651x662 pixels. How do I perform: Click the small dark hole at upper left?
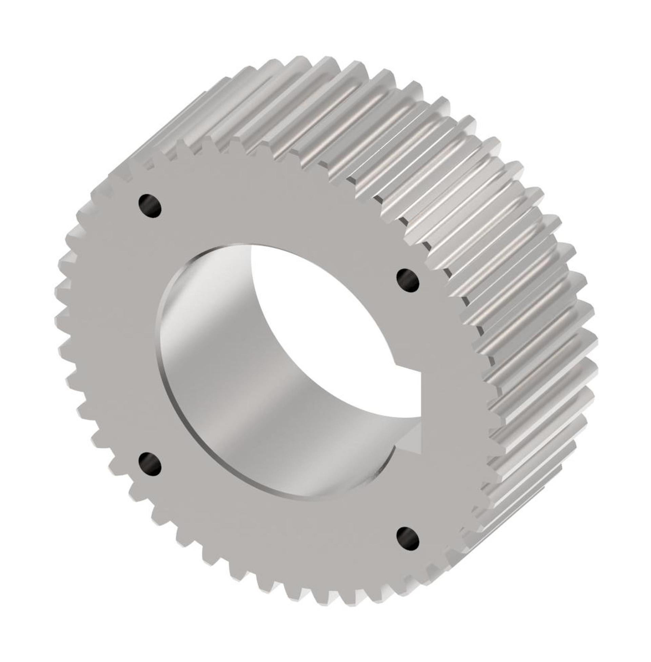pyautogui.click(x=150, y=206)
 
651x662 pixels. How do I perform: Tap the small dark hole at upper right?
pyautogui.click(x=408, y=281)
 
